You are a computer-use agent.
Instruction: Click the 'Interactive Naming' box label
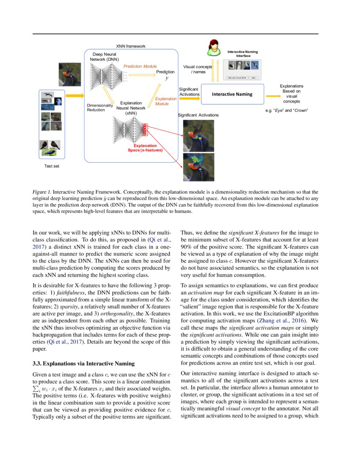pyautogui.click(x=232, y=94)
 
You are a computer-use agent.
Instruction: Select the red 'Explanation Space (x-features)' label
pyautogui.click(x=145, y=147)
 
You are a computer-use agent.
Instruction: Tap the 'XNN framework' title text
pyautogui.click(x=131, y=46)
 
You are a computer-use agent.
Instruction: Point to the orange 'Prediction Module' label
pyautogui.click(x=140, y=67)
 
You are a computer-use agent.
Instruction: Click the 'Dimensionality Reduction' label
pyautogui.click(x=99, y=108)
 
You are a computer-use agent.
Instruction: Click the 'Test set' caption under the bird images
pyautogui.click(x=52, y=166)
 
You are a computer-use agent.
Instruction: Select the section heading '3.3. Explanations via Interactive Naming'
pyautogui.click(x=83, y=363)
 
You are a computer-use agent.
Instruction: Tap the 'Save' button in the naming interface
pyautogui.click(x=253, y=78)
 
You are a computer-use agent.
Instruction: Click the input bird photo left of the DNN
pyautogui.click(x=69, y=74)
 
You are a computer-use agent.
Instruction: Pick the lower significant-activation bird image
pyautogui.click(x=198, y=167)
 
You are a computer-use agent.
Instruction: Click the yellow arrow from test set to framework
pyautogui.click(x=75, y=96)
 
